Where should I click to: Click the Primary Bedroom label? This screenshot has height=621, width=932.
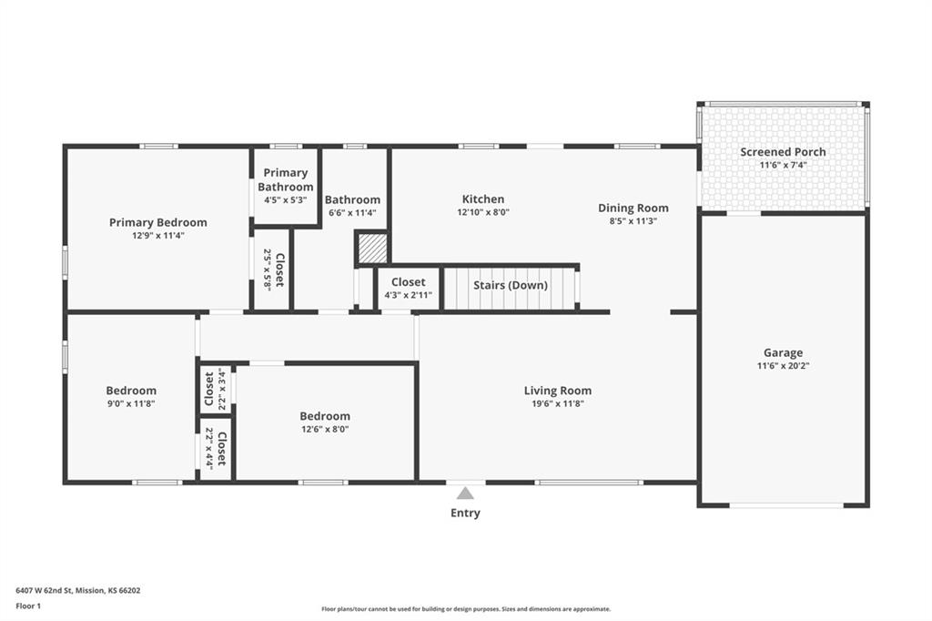tap(158, 222)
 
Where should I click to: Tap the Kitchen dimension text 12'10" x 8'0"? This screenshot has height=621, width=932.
tap(483, 212)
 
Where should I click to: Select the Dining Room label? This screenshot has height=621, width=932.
tap(633, 209)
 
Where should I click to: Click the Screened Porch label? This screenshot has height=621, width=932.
tap(783, 152)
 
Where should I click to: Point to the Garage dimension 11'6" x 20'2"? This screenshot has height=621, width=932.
tap(783, 366)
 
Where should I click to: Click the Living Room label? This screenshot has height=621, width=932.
tap(558, 391)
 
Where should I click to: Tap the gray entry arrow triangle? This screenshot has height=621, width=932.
tap(465, 494)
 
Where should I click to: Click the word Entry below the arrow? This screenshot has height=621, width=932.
tap(465, 513)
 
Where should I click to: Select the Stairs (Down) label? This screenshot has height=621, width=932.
tap(510, 285)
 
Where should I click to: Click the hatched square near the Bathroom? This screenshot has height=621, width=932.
tap(372, 248)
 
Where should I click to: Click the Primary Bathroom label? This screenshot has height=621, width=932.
tap(285, 179)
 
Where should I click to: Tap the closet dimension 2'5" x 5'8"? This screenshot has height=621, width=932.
tap(267, 270)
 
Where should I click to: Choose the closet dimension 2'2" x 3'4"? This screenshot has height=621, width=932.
tap(222, 389)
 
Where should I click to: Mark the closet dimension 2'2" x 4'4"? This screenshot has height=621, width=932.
tap(208, 449)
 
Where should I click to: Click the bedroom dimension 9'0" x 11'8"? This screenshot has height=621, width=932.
tap(131, 404)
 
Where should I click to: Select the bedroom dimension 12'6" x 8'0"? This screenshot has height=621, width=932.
tap(325, 429)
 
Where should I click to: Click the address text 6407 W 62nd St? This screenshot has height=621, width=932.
tap(44, 591)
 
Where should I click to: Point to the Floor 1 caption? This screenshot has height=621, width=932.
tap(28, 606)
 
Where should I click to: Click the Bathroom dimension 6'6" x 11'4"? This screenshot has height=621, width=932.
tap(352, 212)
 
